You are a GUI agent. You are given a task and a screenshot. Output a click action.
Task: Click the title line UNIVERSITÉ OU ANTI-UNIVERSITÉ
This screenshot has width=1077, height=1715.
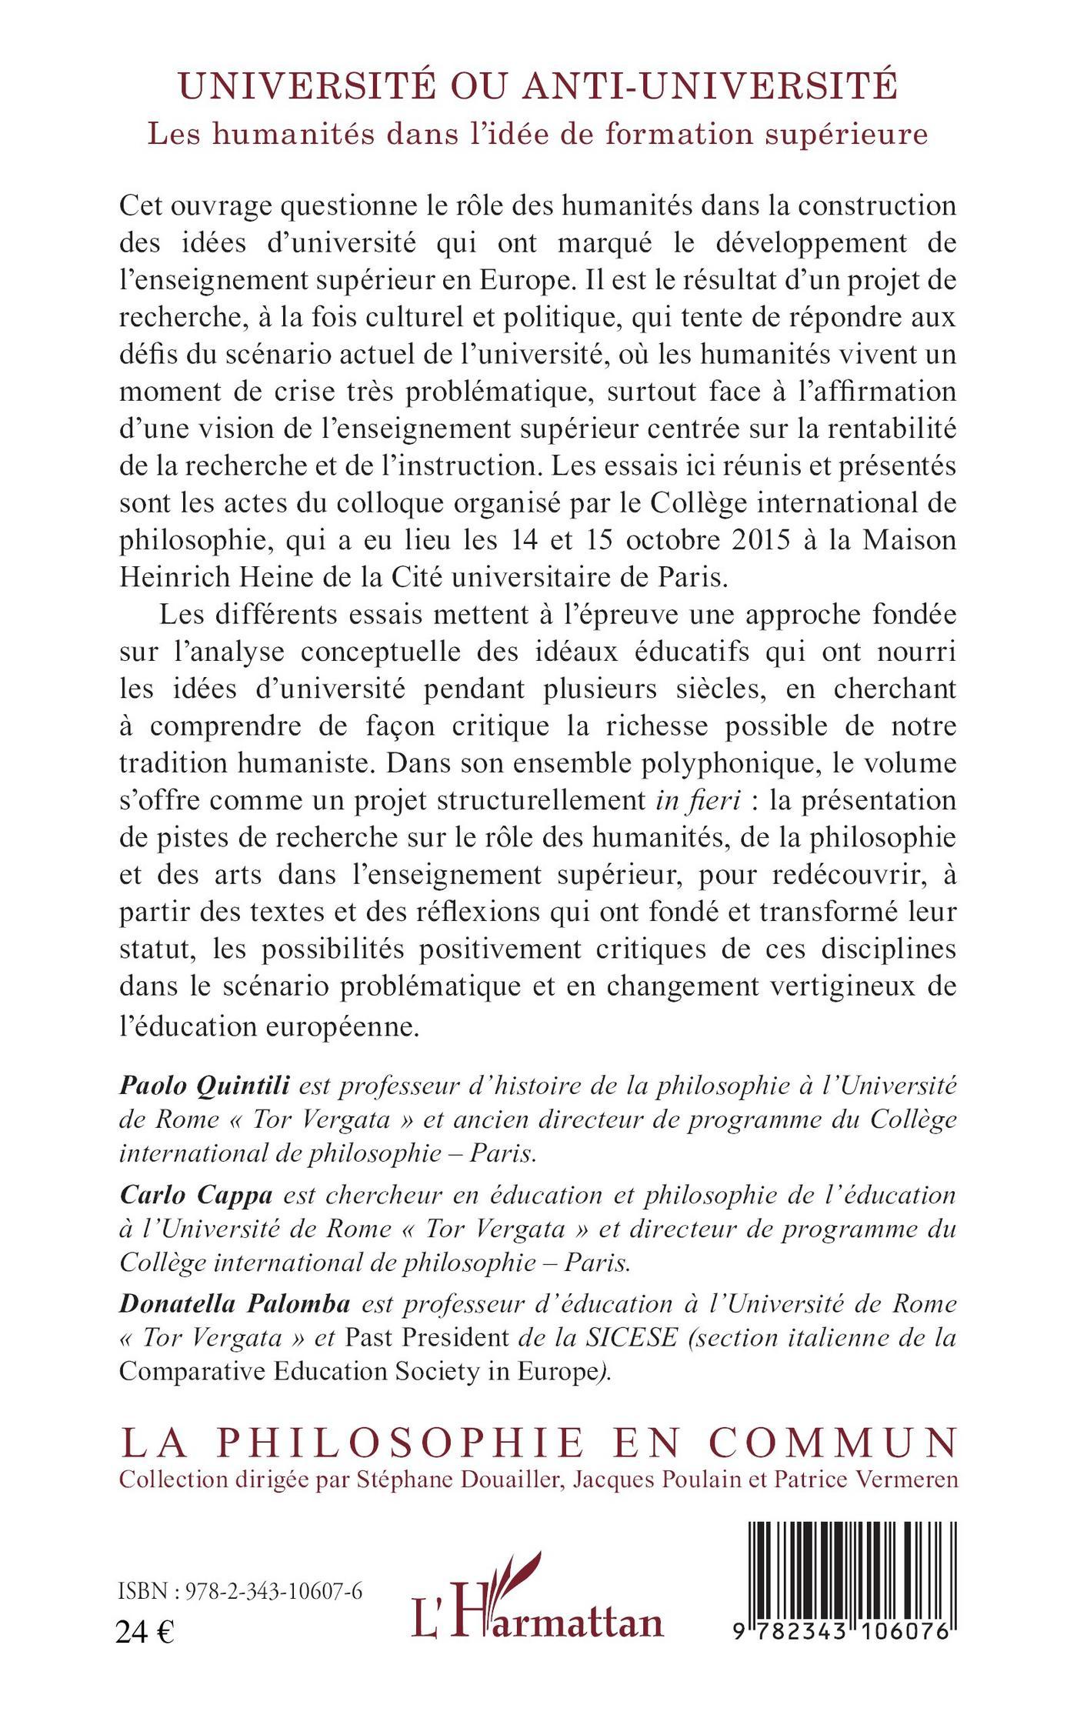(538, 85)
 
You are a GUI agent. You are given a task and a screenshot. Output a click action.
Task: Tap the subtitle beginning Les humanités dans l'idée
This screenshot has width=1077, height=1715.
(538, 134)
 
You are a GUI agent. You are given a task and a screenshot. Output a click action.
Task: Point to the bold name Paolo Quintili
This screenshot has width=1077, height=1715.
(204, 1086)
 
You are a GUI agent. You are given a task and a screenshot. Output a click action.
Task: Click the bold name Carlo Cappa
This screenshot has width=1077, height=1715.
(196, 1196)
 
